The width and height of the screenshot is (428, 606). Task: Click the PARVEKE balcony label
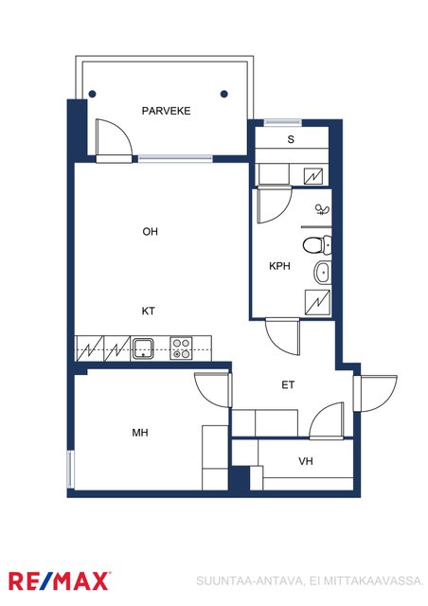[x=166, y=111]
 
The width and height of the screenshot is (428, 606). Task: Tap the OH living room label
[x=150, y=231]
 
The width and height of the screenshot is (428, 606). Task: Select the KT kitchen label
[x=148, y=311]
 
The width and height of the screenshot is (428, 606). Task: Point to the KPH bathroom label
[x=279, y=266]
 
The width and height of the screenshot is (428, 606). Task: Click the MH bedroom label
[x=140, y=433]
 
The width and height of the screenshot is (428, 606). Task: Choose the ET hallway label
[x=288, y=385]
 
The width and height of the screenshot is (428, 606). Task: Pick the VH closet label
[x=306, y=461]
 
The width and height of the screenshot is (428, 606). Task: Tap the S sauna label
[x=291, y=139]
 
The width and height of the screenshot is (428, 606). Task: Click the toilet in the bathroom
[x=316, y=245]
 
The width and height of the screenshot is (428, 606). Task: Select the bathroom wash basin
[x=323, y=272]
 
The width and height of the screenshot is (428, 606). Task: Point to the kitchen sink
[x=143, y=348]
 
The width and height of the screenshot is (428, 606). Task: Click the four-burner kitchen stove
[x=181, y=348]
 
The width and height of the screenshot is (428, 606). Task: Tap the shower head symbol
[x=323, y=210]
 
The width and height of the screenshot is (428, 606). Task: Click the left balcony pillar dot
[x=92, y=94]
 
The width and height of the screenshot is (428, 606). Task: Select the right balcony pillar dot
[x=223, y=94]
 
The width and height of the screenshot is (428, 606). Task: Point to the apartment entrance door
[x=375, y=394]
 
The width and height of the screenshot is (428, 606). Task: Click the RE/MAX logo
[x=59, y=580]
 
